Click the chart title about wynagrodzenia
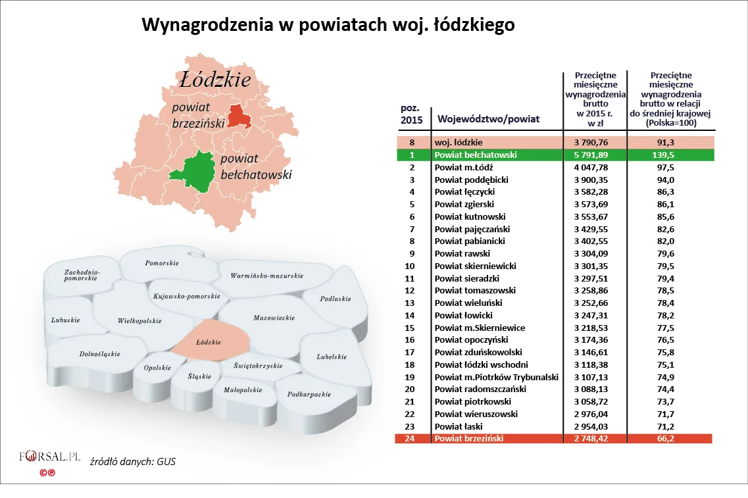pos(328,26)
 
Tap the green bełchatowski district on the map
pos(197,172)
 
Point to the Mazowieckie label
pos(274,318)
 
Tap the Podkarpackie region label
pos(309,395)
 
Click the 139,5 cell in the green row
pos(670,155)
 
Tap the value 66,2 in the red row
pos(670,439)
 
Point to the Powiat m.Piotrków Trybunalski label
pos(497,377)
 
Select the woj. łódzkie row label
pos(459,142)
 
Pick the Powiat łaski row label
pos(458,426)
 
